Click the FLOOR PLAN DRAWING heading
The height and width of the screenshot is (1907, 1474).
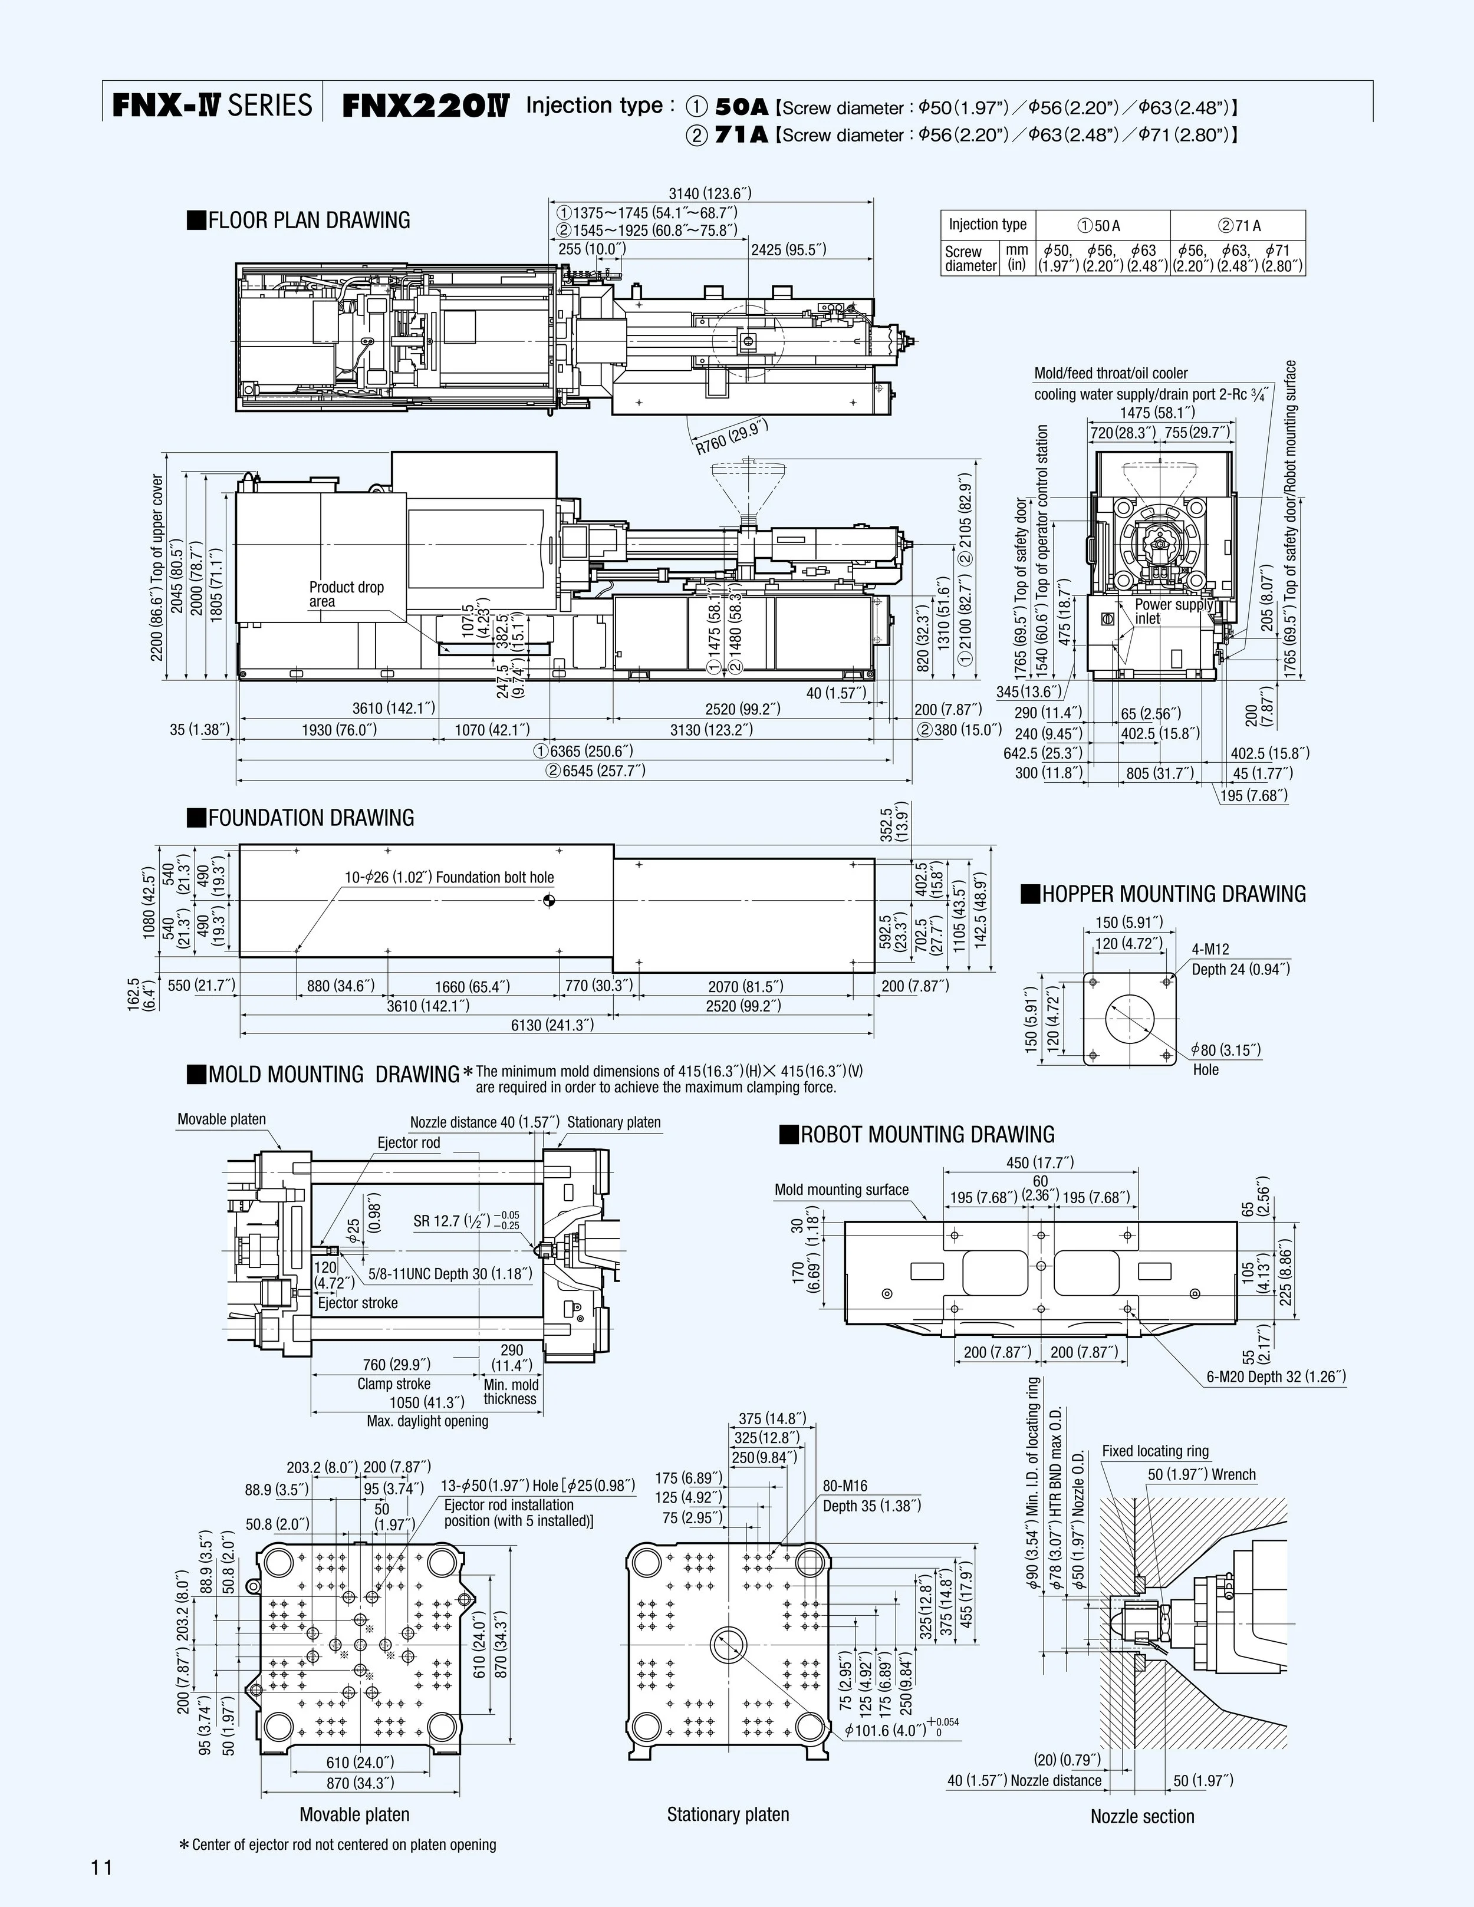(x=299, y=220)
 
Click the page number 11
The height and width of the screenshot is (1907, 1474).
(x=101, y=1868)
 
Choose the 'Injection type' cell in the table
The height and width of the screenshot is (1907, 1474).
(x=987, y=225)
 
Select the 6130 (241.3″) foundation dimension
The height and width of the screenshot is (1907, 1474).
(x=552, y=1025)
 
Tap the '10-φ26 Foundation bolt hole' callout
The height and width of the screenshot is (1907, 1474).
(x=449, y=878)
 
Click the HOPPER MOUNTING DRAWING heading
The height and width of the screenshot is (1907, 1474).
(x=1163, y=894)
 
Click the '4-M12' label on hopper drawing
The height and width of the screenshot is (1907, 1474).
(x=1210, y=949)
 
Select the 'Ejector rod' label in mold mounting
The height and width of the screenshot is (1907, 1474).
(x=409, y=1143)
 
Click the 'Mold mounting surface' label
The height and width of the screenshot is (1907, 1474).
(x=841, y=1189)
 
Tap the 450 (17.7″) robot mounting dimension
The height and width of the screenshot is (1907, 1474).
(x=1039, y=1162)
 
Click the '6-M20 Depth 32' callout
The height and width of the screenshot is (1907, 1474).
(x=1276, y=1377)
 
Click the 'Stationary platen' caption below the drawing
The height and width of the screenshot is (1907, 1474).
(x=728, y=1814)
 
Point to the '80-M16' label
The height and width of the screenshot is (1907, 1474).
(x=844, y=1486)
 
